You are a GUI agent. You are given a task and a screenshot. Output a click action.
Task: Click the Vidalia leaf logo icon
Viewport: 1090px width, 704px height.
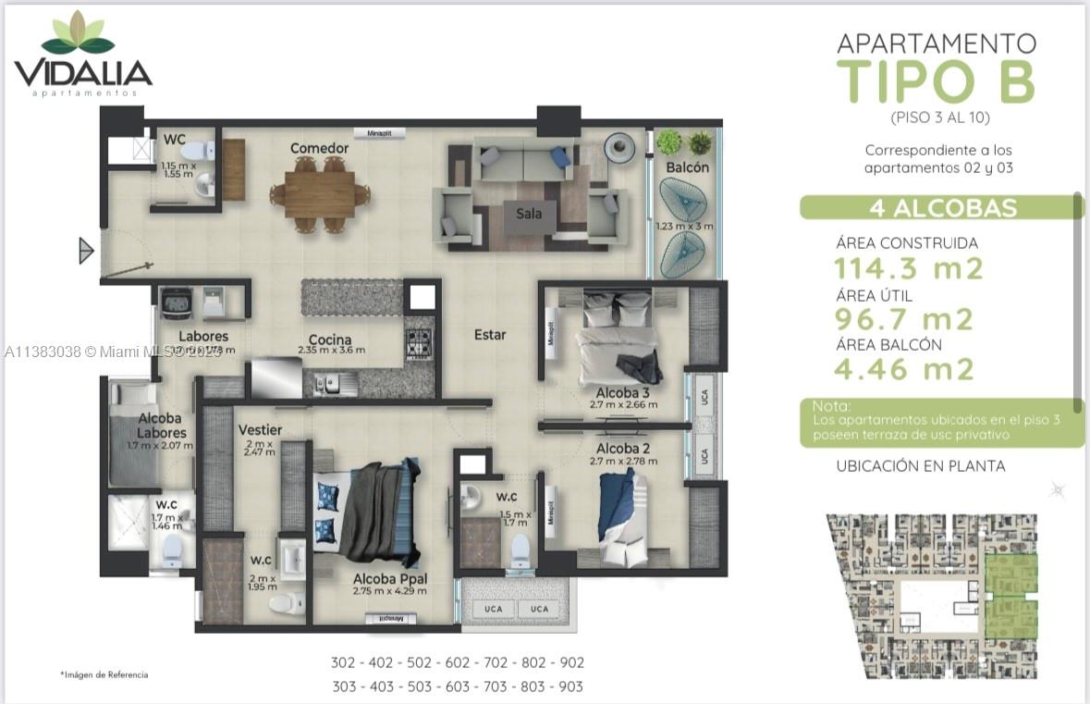79,34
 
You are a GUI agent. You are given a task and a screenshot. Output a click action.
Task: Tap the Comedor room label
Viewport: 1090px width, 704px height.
319,148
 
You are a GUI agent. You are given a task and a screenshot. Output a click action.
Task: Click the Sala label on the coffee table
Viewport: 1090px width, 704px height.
529,214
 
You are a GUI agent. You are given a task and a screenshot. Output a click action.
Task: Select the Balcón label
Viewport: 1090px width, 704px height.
687,167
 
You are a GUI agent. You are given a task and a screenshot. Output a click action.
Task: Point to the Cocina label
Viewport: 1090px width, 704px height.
330,340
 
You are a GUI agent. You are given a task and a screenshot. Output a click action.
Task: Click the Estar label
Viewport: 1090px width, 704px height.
490,334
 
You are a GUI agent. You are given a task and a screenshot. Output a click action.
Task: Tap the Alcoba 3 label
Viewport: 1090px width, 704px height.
622,392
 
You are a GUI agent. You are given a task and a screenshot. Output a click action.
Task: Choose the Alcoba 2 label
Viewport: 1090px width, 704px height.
622,449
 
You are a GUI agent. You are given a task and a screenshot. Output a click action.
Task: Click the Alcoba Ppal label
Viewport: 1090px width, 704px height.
390,579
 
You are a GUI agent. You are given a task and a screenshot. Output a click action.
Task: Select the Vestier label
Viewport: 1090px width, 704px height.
260,430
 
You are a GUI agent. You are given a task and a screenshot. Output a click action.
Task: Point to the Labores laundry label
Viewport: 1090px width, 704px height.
203,336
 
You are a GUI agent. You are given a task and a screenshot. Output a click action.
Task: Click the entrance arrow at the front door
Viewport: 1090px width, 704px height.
86,250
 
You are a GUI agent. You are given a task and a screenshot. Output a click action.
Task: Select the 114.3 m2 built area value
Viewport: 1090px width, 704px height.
909,269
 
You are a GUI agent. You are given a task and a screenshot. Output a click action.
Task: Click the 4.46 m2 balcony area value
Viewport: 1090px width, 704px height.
904,370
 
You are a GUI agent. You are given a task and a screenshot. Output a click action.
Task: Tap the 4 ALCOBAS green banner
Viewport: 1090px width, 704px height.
942,207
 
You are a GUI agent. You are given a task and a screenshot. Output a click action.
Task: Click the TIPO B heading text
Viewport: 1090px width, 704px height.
936,80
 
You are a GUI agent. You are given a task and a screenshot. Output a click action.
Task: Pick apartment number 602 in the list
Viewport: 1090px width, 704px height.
457,662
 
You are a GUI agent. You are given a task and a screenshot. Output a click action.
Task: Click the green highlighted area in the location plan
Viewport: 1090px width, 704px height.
1011,597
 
